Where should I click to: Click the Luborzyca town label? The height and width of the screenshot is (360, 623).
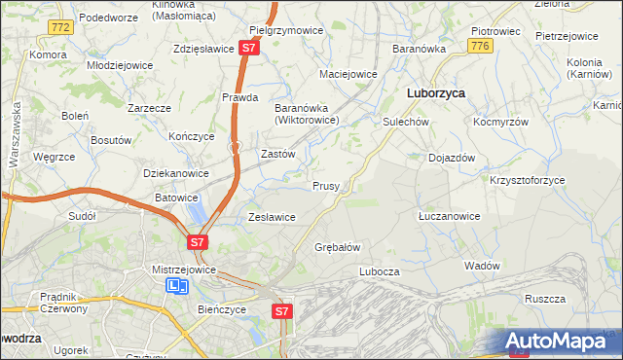click(x=434, y=93)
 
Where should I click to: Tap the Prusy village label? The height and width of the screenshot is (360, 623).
click(x=325, y=185)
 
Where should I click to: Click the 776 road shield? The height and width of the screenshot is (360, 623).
click(x=478, y=46)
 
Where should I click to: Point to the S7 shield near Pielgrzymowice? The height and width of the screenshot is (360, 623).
click(x=250, y=47)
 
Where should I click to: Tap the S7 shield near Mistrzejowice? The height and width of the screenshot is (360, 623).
click(x=197, y=241)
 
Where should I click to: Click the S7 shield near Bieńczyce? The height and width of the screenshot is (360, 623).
click(x=281, y=311)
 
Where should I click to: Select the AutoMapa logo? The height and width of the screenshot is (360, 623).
click(x=560, y=342)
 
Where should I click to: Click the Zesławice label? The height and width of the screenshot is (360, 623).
click(x=272, y=217)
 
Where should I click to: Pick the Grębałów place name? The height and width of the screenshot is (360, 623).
click(x=338, y=247)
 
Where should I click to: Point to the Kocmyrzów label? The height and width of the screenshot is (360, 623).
click(x=500, y=123)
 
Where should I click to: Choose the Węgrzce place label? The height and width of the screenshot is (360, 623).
click(x=54, y=156)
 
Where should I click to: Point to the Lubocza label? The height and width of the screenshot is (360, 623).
click(x=380, y=271)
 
